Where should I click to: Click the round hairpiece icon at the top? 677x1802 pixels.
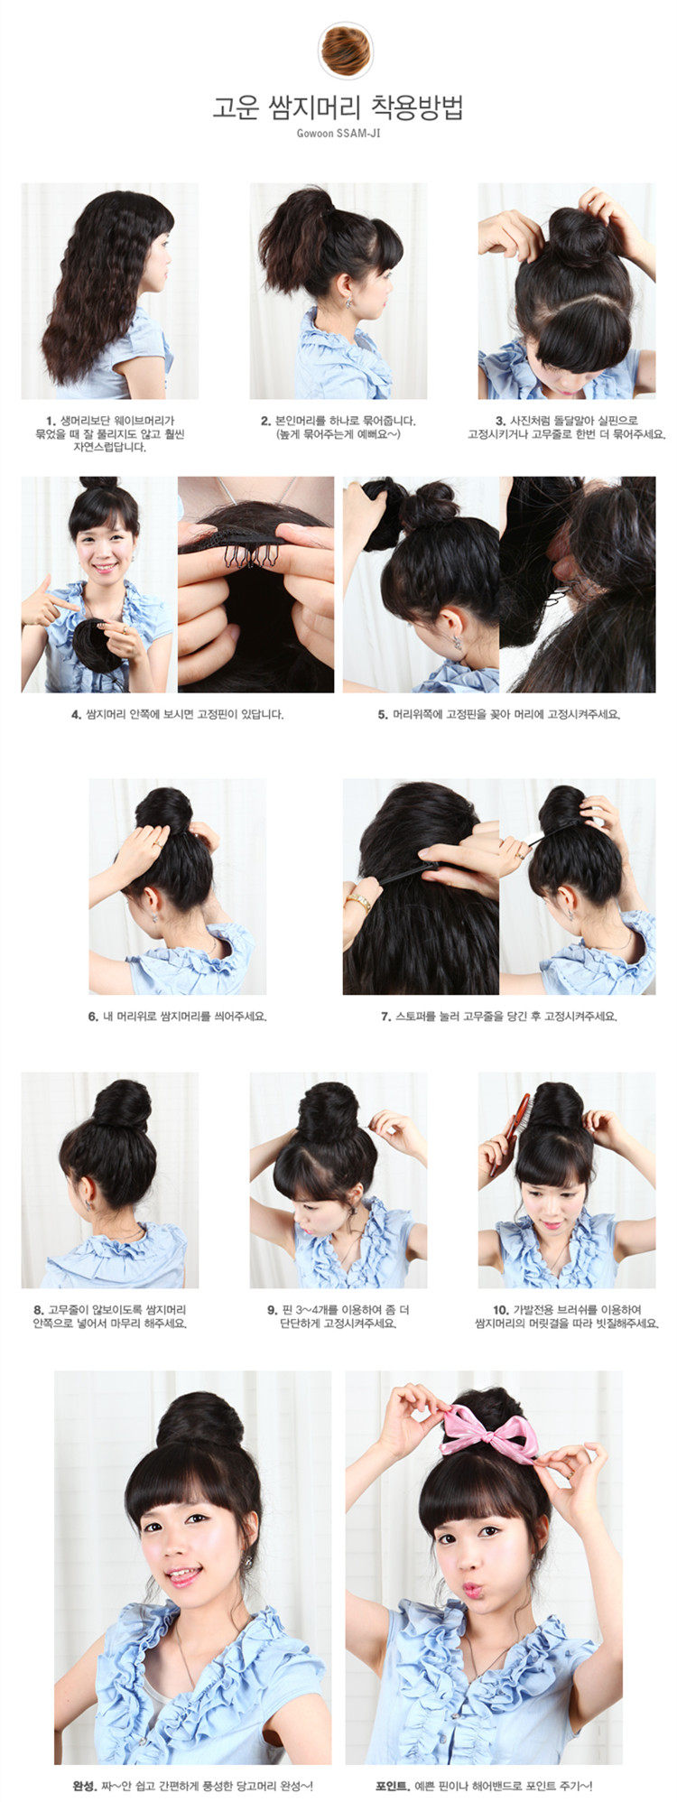[345, 51]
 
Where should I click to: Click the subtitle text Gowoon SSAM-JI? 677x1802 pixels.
[338, 134]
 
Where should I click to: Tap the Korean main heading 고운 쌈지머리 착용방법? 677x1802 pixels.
[338, 107]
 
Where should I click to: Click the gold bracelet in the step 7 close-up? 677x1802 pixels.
[358, 902]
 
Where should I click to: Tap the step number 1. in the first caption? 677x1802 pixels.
[51, 421]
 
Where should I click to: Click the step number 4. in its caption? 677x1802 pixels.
[77, 714]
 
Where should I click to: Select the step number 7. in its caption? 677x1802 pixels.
[386, 1016]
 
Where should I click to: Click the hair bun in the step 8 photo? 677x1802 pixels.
[122, 1105]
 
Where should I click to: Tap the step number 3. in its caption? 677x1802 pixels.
[500, 421]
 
